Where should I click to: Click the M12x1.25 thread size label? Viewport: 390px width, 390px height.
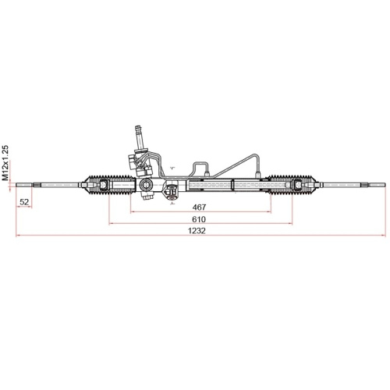point(6,162)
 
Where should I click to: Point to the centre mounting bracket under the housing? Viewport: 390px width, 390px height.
point(172,190)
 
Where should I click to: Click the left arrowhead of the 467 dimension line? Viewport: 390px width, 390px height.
point(131,213)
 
